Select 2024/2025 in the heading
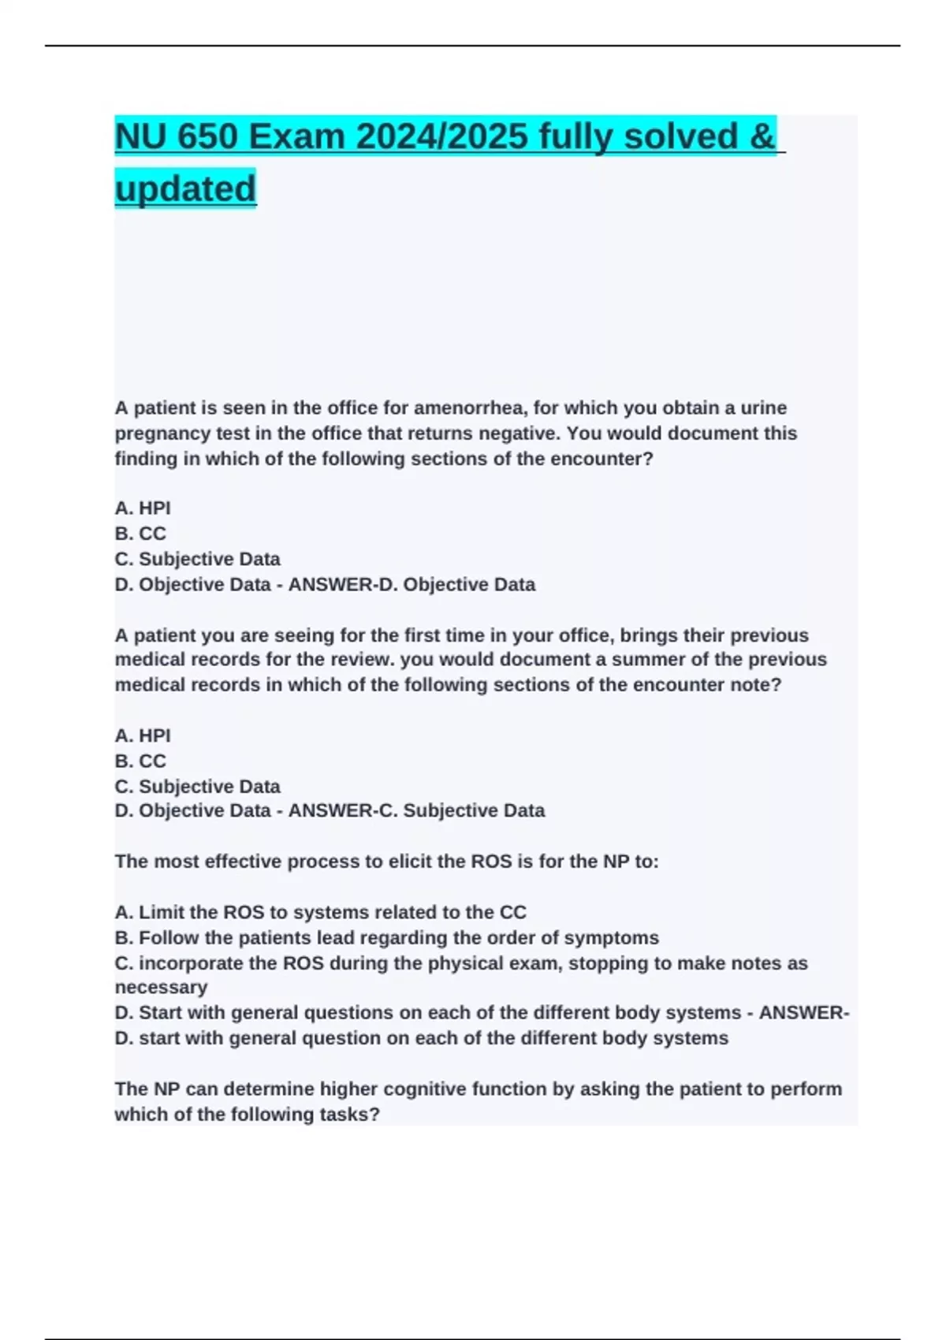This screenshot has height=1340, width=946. click(x=441, y=136)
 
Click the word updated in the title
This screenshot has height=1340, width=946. click(x=185, y=188)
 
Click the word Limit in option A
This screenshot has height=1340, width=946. click(x=161, y=913)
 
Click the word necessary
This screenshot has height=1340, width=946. click(x=161, y=988)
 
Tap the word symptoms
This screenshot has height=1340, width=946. click(x=619, y=938)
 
